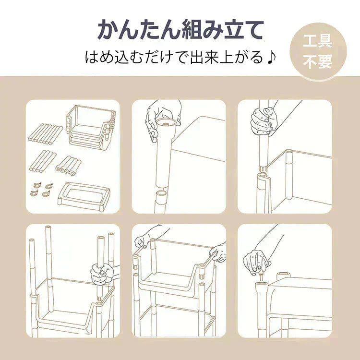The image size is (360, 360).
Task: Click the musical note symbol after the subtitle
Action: tap(272, 58)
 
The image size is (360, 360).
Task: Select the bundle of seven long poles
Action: tap(45, 132)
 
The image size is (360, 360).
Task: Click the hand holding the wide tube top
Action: tap(161, 118)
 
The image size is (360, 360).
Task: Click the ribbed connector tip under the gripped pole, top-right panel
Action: tap(264, 168)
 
